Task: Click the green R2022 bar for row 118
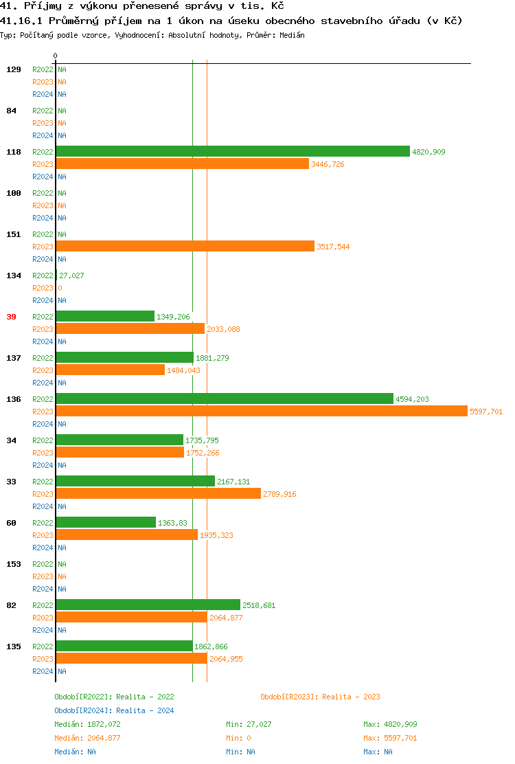tap(233, 151)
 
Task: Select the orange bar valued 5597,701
tap(262, 411)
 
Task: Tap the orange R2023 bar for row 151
tap(185, 246)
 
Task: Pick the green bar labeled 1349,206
tap(105, 316)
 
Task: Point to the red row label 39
tap(11, 317)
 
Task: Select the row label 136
tap(13, 399)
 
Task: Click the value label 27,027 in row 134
tap(71, 276)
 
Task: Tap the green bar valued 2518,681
tap(148, 605)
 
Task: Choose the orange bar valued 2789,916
tap(159, 493)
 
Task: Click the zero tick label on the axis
tap(56, 56)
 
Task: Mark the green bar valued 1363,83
tap(106, 522)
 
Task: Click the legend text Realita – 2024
tap(145, 710)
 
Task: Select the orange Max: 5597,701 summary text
tap(390, 738)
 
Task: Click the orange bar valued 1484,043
tap(111, 370)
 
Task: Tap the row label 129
tap(13, 69)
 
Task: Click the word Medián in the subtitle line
tap(293, 35)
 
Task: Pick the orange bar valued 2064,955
tap(131, 658)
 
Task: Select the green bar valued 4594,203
tap(225, 398)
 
